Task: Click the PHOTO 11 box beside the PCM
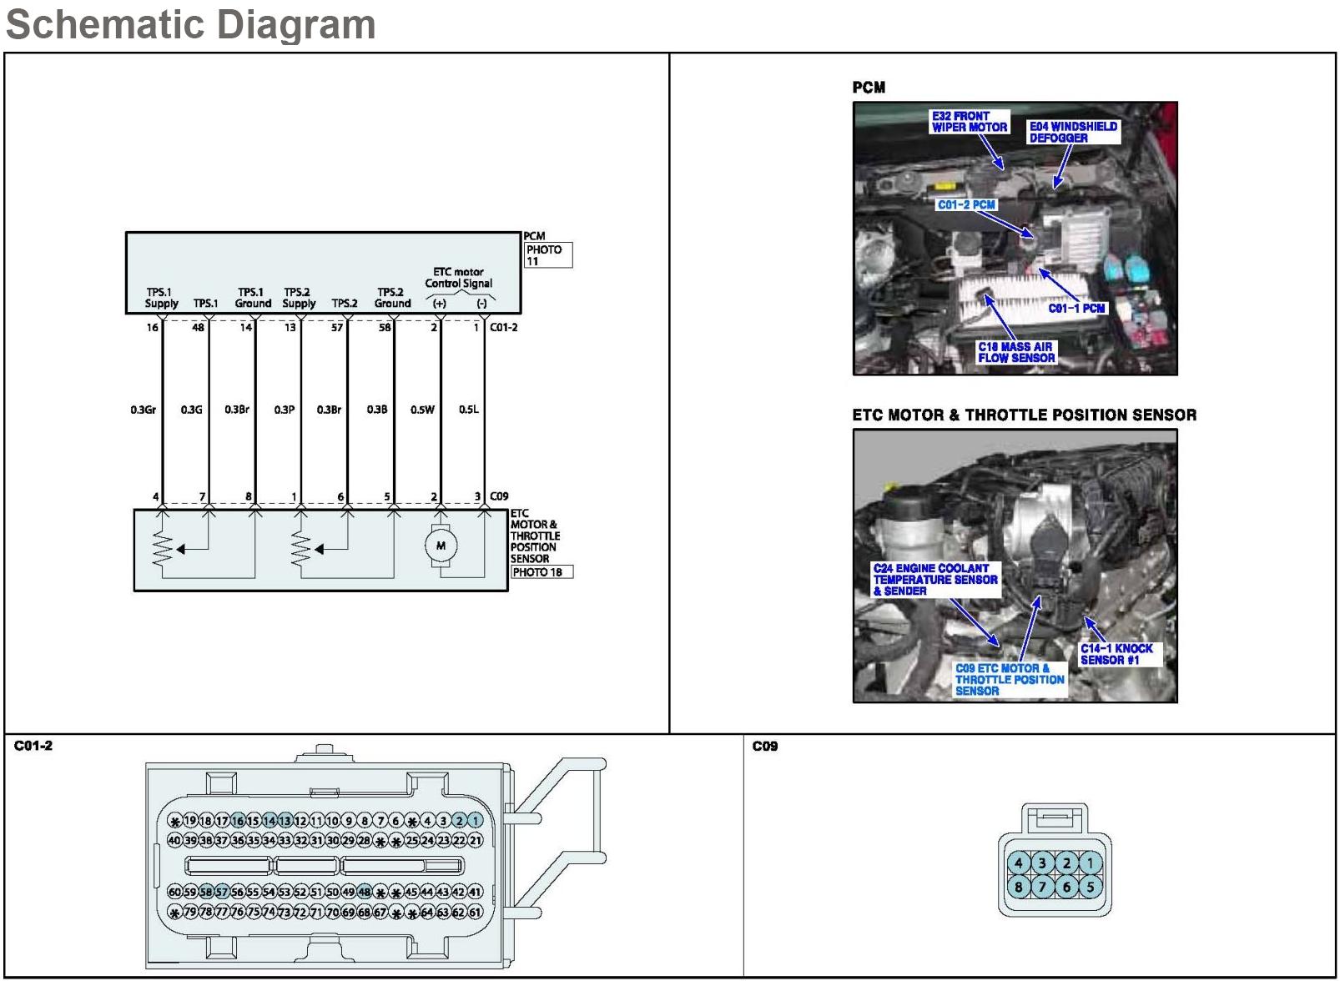tap(548, 255)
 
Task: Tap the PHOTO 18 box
tap(542, 572)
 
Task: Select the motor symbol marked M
tap(441, 546)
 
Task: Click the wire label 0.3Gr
tap(143, 410)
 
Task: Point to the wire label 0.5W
tap(422, 410)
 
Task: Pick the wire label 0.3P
tap(285, 410)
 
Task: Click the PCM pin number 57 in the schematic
tap(337, 328)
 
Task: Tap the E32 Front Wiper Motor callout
tap(970, 122)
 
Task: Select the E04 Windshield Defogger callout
tap(1073, 132)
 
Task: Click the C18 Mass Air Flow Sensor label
tap(1016, 352)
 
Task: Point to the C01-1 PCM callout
tap(1076, 309)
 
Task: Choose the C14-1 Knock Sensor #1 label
tap(1116, 654)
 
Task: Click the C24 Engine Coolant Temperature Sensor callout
tap(934, 579)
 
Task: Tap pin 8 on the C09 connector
tap(1019, 887)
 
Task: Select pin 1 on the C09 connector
tap(1090, 863)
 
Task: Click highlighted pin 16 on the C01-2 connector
tap(238, 821)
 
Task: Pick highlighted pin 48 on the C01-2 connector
tap(365, 892)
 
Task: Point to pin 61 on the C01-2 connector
tap(476, 913)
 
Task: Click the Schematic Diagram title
tap(190, 23)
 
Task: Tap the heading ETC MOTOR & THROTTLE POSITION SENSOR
tap(1024, 415)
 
